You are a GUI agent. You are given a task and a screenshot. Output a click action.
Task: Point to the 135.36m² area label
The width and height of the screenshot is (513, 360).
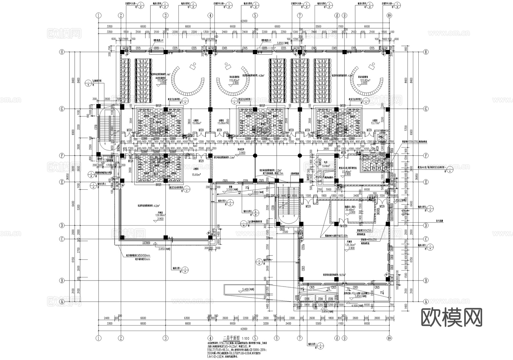pos(350,245)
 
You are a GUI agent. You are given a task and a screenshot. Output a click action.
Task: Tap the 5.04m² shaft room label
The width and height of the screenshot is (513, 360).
pos(326,166)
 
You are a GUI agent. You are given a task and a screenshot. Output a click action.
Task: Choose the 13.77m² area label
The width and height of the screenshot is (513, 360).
pos(375,123)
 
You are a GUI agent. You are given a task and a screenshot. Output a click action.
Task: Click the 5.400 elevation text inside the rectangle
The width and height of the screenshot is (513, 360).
pos(247,290)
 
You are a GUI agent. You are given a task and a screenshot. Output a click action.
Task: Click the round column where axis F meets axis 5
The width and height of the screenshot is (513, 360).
pos(255,156)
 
